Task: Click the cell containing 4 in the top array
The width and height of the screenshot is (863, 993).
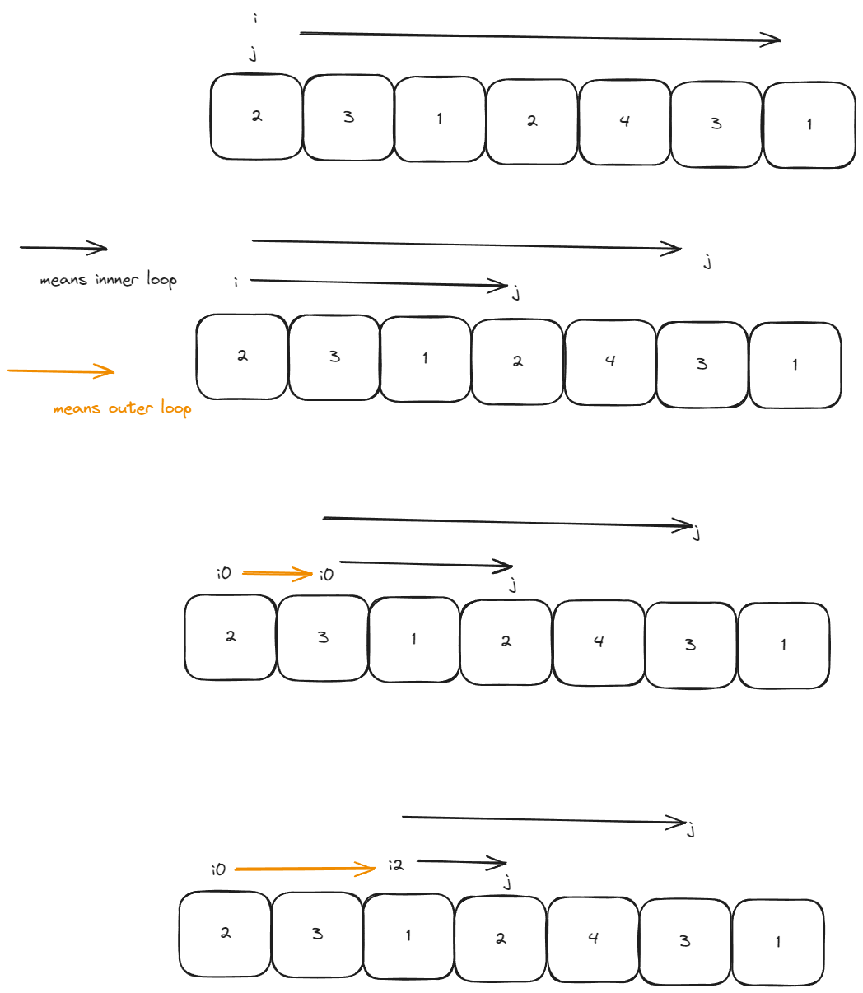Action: [624, 122]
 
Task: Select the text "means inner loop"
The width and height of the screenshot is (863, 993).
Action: [108, 281]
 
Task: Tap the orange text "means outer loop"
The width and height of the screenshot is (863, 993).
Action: [122, 408]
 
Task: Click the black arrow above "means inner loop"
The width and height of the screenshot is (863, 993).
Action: [63, 247]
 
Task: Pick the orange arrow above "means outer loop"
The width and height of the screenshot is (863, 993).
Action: [61, 371]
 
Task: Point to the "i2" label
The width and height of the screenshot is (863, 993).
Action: [396, 865]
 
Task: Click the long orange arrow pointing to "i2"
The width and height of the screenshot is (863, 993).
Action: [305, 868]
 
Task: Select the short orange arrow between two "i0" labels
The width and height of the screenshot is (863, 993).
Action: [277, 573]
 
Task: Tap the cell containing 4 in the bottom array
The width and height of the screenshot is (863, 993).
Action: [593, 939]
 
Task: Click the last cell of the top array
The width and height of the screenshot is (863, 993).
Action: [809, 124]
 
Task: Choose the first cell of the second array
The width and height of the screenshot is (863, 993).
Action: [242, 357]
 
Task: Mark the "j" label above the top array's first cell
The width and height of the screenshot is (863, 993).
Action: [253, 54]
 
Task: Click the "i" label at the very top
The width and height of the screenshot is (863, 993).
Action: [255, 18]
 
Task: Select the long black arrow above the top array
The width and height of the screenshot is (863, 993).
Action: [539, 36]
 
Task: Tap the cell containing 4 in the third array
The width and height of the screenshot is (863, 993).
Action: [599, 642]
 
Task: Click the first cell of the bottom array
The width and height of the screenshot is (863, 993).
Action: [225, 934]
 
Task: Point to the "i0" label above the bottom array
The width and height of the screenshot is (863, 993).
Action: [218, 869]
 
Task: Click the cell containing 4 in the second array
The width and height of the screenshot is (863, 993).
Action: [610, 361]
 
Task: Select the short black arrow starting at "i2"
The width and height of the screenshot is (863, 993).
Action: [461, 862]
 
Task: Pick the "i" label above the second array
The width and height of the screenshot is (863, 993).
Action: [236, 282]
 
